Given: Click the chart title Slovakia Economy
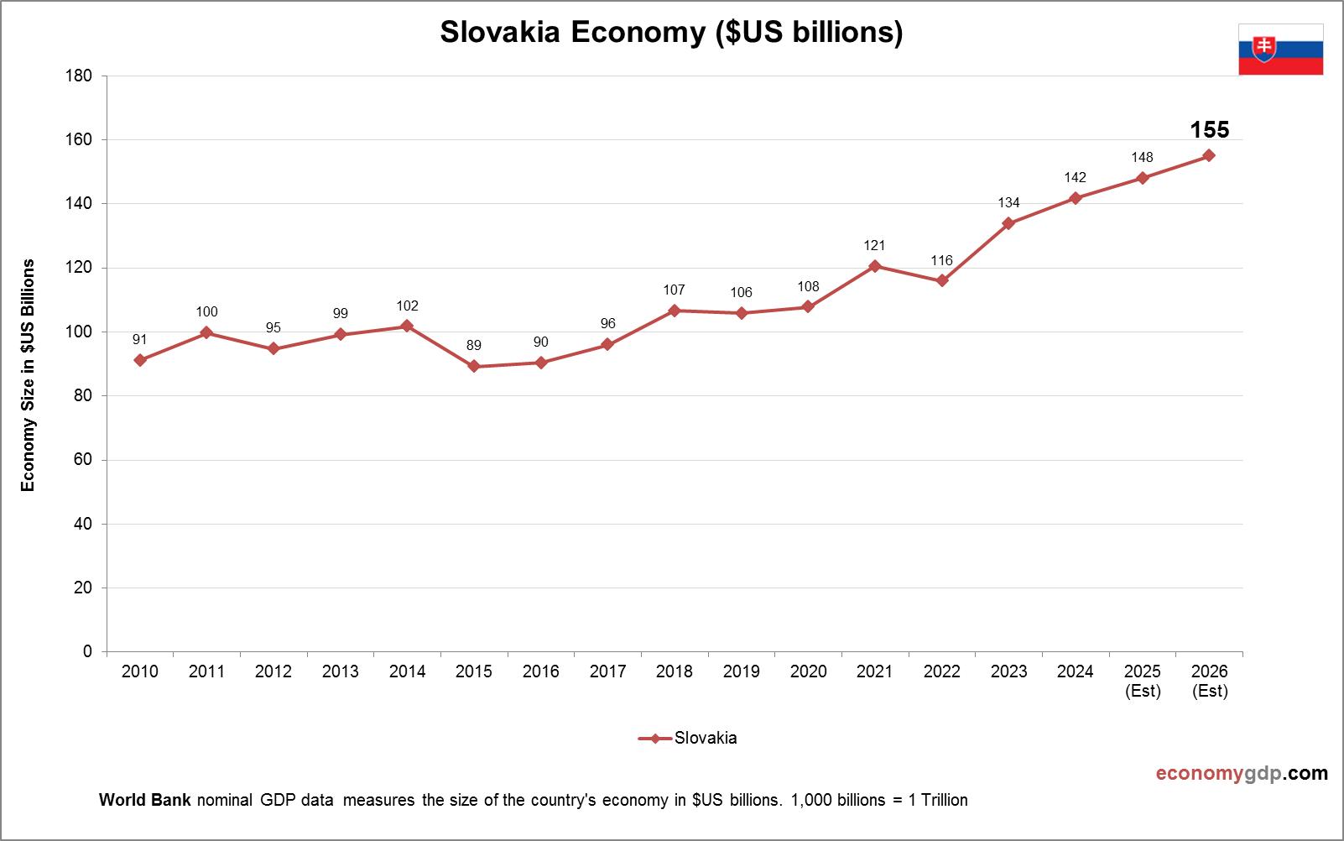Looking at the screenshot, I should (671, 32).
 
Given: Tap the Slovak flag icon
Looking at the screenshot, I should (1280, 50).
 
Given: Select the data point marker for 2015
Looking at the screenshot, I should (474, 366).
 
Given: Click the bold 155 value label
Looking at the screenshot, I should (1209, 130).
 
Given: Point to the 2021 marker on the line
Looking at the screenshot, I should (875, 266).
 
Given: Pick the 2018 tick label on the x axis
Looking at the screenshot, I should (675, 671).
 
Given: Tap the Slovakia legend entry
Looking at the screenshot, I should (688, 739).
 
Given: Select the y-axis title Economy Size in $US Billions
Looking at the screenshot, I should (29, 375).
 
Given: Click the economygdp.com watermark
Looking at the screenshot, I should (1242, 773).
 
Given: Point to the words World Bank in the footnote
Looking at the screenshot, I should (144, 800).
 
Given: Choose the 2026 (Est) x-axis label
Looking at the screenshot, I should (1209, 681).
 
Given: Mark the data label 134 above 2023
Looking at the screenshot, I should (1008, 203).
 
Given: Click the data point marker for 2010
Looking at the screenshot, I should (140, 360).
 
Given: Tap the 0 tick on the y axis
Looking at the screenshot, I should (87, 651).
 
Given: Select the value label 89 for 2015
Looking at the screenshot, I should (474, 346).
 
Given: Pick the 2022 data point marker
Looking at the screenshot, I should (942, 280).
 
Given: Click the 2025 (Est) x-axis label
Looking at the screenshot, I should (1143, 681).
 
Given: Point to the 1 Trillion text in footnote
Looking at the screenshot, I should (938, 800).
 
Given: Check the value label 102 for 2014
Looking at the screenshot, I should (407, 306).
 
